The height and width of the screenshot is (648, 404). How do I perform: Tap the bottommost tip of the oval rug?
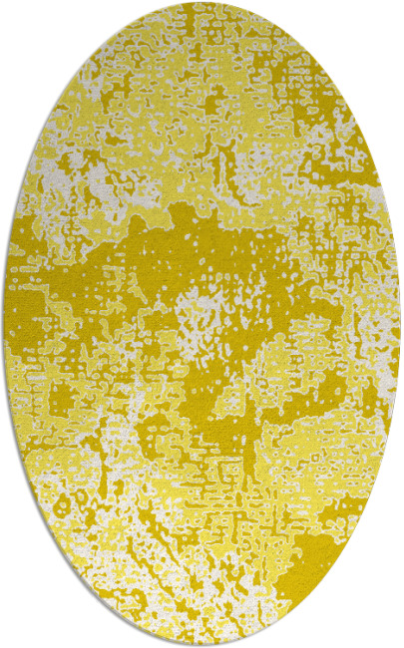coord(202,644)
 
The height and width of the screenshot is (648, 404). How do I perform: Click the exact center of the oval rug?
coord(202,324)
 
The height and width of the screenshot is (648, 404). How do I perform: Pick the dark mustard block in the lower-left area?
coord(60,399)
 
